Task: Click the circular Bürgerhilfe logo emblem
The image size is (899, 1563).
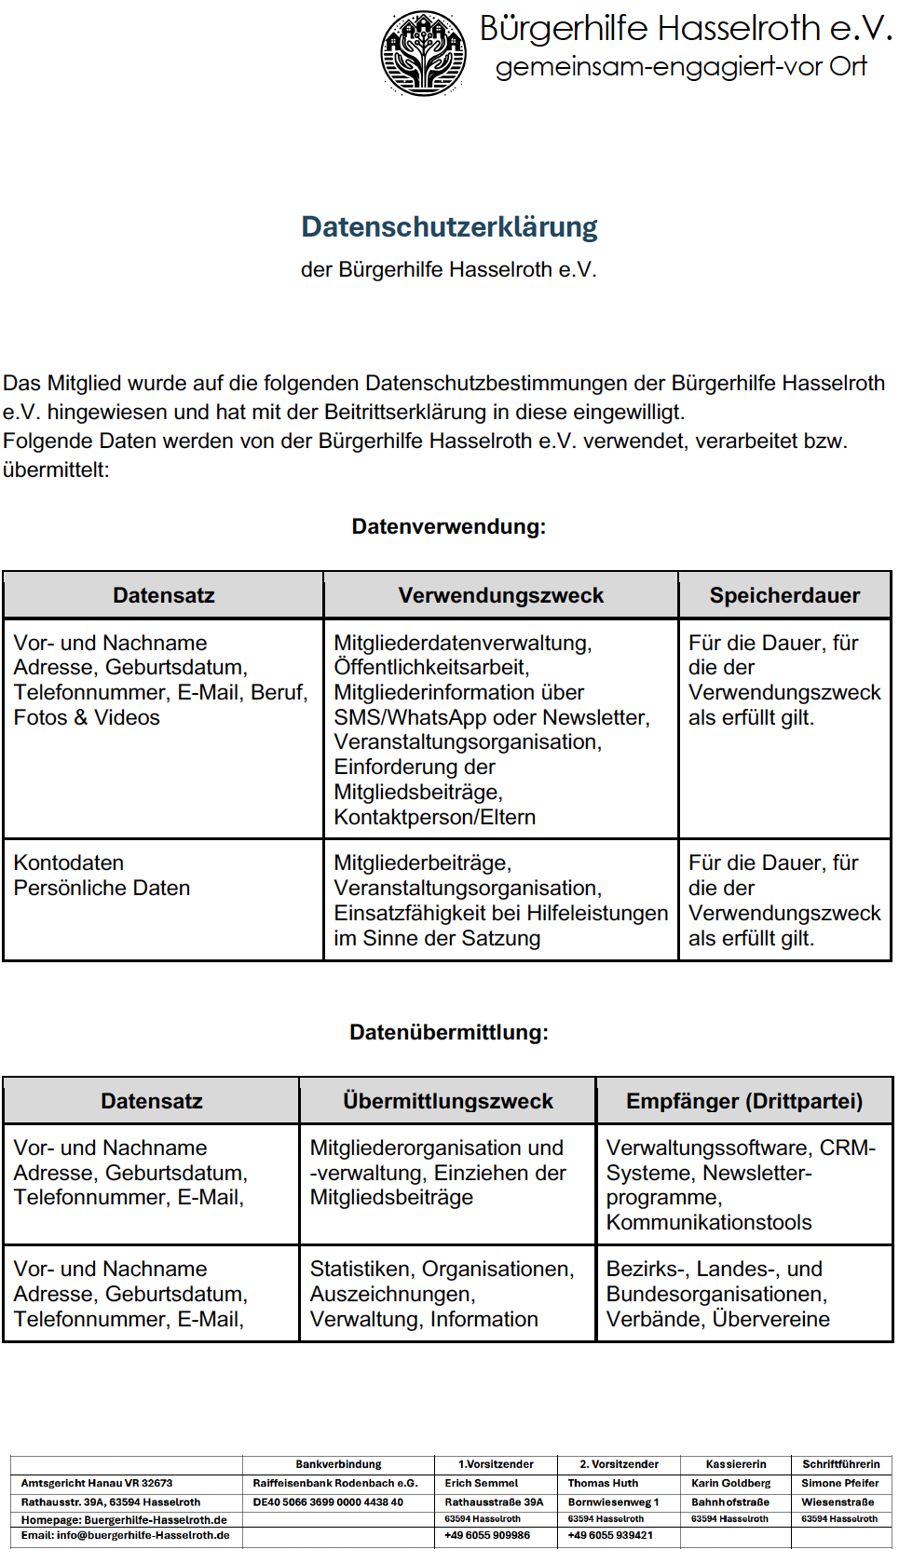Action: (x=423, y=53)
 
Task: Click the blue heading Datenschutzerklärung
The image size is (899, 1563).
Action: (x=449, y=226)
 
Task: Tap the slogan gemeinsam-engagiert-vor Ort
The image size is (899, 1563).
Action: (x=680, y=67)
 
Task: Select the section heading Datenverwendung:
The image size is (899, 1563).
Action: (x=448, y=526)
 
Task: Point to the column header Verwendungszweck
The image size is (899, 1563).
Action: (x=500, y=595)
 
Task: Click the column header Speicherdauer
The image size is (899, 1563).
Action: (x=784, y=595)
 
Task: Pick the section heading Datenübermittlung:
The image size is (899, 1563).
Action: (x=448, y=1032)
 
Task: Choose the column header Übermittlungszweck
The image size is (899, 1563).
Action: (x=447, y=1101)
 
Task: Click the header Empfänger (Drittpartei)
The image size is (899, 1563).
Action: (x=744, y=1101)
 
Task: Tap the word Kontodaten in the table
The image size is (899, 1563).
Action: (x=68, y=863)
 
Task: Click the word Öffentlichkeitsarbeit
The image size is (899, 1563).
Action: (x=431, y=667)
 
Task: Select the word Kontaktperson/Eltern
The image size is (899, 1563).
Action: (x=434, y=817)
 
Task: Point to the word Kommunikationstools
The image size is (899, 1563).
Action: (x=708, y=1222)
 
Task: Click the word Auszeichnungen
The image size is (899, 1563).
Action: (x=391, y=1294)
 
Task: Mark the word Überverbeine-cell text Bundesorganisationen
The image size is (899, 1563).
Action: (x=715, y=1294)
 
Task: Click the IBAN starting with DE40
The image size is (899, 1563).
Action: (x=328, y=1502)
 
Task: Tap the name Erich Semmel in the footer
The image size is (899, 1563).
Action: (x=482, y=1483)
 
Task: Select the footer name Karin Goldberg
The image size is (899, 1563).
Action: (x=730, y=1483)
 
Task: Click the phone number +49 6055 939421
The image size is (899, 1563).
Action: (x=610, y=1535)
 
